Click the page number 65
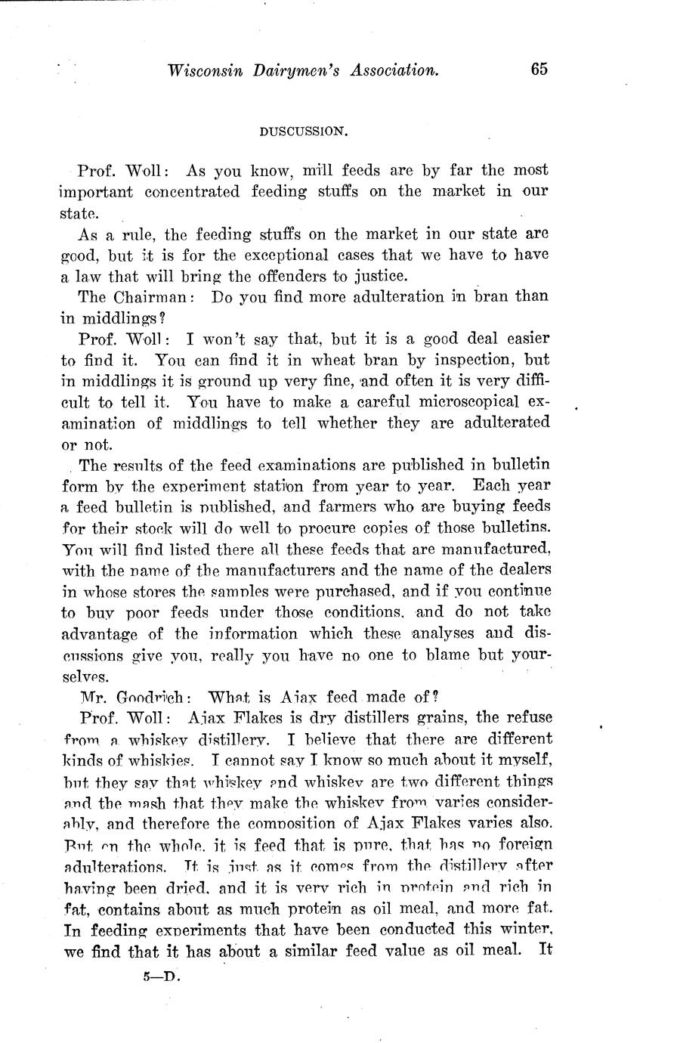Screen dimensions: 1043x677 point(538,70)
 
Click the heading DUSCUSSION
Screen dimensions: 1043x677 point(303,132)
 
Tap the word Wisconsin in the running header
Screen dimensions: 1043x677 point(202,71)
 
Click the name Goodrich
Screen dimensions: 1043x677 point(148,697)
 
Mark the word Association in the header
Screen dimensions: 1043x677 point(392,71)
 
